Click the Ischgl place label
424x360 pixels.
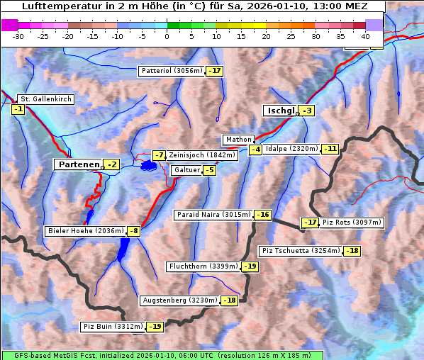[280, 111]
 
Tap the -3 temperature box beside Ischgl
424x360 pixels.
[306, 111]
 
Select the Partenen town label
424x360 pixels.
[79, 164]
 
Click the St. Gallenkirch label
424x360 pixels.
[45, 99]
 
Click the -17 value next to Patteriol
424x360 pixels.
[215, 71]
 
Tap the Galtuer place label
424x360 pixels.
[186, 170]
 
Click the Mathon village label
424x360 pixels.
[238, 140]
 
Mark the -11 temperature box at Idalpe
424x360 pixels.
[330, 149]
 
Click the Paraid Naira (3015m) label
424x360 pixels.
[213, 215]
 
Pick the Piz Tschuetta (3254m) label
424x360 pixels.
[301, 251]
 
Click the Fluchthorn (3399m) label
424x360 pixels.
[203, 266]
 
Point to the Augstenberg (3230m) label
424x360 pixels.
[179, 300]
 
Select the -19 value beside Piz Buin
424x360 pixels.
[155, 327]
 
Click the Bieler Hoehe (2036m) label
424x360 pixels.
[85, 231]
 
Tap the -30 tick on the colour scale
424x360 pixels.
[18, 36]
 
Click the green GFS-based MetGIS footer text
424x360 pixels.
[162, 355]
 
